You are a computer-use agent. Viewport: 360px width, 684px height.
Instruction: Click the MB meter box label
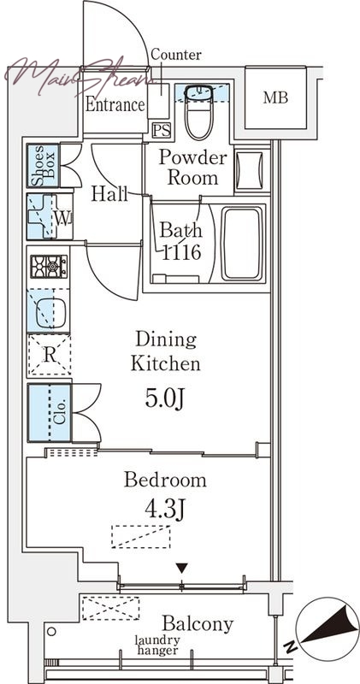[275, 97]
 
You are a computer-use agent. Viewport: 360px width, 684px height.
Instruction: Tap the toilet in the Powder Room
[199, 113]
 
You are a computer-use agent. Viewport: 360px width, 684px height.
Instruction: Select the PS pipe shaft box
[162, 130]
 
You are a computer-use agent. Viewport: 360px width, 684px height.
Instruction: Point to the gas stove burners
[49, 267]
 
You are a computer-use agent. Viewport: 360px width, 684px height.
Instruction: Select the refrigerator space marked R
[50, 355]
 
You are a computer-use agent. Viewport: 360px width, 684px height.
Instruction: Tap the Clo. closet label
[60, 412]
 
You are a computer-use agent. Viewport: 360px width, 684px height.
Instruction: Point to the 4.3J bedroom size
[164, 509]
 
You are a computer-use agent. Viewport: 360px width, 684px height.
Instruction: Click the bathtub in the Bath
[243, 244]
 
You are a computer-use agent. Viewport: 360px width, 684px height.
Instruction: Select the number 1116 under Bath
[181, 252]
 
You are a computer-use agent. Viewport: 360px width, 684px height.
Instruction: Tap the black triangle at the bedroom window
[182, 569]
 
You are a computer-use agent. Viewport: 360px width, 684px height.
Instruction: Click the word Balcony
[198, 624]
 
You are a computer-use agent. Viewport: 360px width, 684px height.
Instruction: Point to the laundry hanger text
[157, 646]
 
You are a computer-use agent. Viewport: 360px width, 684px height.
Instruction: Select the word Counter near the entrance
[176, 55]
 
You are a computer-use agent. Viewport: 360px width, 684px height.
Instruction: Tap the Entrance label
[115, 104]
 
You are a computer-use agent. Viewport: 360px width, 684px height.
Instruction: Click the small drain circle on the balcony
[51, 631]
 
